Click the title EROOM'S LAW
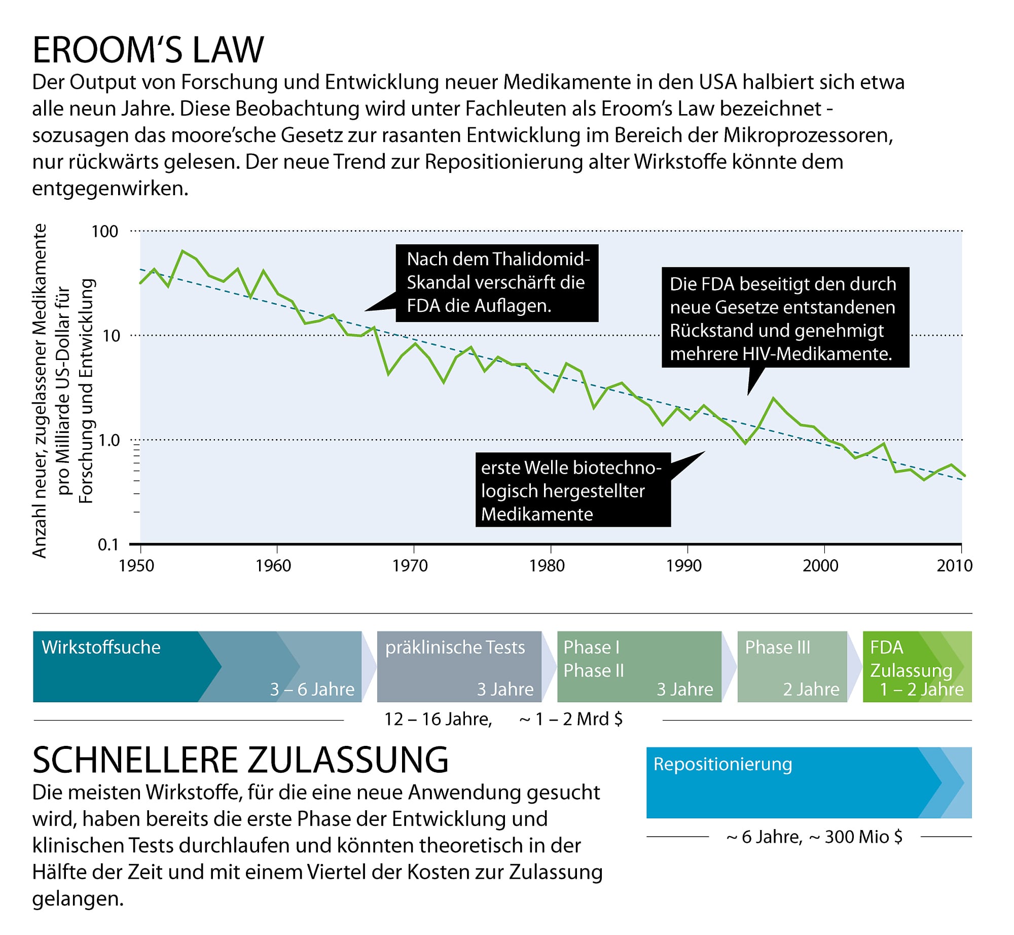[x=148, y=50]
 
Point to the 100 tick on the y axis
[x=104, y=232]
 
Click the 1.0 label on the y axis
[x=108, y=440]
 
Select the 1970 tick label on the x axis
[x=410, y=565]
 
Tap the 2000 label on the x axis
[x=820, y=565]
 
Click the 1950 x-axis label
[x=136, y=565]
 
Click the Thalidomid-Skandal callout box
[x=497, y=283]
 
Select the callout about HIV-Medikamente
[x=785, y=318]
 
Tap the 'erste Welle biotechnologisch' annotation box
[x=572, y=490]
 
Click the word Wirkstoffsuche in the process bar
[x=101, y=648]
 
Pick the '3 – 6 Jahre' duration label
[x=312, y=690]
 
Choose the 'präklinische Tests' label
[x=455, y=648]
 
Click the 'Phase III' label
[x=777, y=648]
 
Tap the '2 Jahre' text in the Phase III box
[x=811, y=690]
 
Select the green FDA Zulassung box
[x=917, y=667]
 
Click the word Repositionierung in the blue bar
[x=722, y=764]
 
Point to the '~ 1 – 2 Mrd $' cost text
[x=571, y=719]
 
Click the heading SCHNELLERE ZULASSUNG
[x=240, y=760]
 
